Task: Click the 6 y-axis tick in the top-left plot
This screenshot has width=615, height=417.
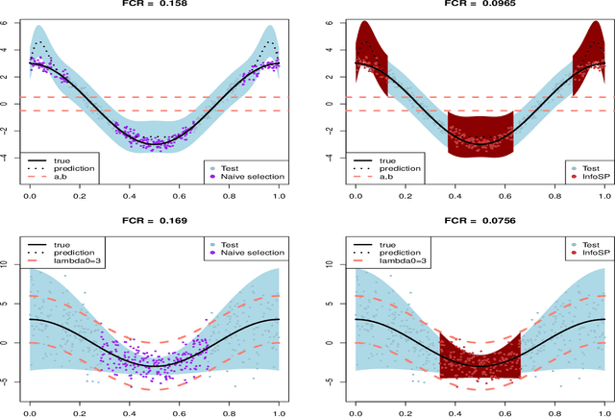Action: pos(9,21)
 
